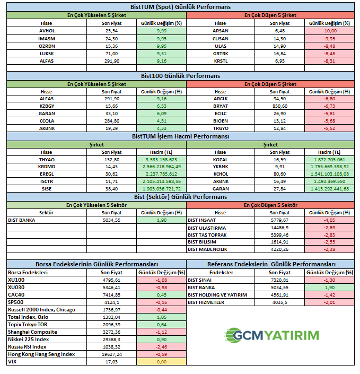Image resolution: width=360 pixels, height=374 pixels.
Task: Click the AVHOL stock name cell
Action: pyautogui.click(x=47, y=31)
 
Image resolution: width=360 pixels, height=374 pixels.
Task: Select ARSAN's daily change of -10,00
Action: pyautogui.click(x=330, y=31)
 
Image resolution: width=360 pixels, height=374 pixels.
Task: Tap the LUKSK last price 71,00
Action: pyautogui.click(x=111, y=54)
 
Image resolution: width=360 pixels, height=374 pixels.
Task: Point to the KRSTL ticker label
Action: pyautogui.click(x=221, y=61)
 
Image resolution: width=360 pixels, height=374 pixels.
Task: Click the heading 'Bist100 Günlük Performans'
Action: pyautogui.click(x=180, y=76)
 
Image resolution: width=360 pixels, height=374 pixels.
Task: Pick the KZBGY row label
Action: pyautogui.click(x=47, y=106)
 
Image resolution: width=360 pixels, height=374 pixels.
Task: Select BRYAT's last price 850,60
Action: pyautogui.click(x=279, y=106)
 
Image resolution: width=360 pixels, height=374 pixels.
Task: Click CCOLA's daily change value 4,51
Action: pyautogui.click(x=162, y=121)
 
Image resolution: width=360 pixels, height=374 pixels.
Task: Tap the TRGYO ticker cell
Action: pyautogui.click(x=221, y=128)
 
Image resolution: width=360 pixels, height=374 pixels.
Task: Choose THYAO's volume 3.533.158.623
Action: pyautogui.click(x=161, y=160)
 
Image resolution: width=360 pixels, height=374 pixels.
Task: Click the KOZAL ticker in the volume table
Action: pyautogui.click(x=220, y=160)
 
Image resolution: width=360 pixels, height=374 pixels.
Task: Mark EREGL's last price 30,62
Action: pyautogui.click(x=111, y=174)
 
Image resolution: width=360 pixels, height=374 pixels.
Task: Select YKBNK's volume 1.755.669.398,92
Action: pyautogui.click(x=329, y=167)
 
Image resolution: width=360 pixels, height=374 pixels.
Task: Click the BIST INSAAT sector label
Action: pyautogui.click(x=201, y=220)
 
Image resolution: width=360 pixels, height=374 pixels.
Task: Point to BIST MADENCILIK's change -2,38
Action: pyautogui.click(x=329, y=249)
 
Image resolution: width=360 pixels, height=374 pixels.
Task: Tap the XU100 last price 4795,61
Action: pyautogui.click(x=111, y=280)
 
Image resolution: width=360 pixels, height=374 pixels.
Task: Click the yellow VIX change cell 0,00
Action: pyautogui.click(x=161, y=362)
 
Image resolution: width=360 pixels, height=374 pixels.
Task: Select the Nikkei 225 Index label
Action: pyautogui.click(x=29, y=339)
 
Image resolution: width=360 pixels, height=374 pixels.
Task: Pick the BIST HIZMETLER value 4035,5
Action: pyautogui.click(x=279, y=302)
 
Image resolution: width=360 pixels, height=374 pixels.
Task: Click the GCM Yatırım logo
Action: pyautogui.click(x=271, y=335)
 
